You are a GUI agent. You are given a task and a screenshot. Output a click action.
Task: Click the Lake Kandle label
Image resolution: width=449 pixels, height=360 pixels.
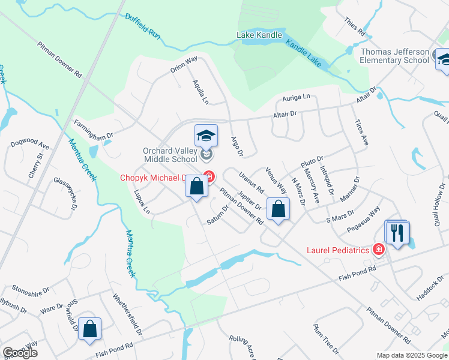click(x=259, y=35)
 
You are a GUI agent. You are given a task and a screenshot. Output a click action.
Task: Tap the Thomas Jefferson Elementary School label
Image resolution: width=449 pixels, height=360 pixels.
click(x=394, y=56)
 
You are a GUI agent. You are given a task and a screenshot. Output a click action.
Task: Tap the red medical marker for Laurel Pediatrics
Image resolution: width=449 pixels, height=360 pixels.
click(x=378, y=250)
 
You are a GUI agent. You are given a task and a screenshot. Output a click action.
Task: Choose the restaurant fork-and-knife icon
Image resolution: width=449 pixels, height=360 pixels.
click(x=397, y=232)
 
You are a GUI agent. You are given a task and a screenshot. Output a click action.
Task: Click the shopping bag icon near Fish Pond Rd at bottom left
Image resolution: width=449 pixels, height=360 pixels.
click(x=89, y=329)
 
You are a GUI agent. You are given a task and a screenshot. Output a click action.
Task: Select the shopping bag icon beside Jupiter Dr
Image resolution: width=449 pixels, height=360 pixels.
click(x=278, y=209)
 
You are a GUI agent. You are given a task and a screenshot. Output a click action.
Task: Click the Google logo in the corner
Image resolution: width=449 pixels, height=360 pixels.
click(x=20, y=353)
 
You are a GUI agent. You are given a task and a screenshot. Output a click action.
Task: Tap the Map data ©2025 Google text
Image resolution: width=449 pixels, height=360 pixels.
click(x=411, y=355)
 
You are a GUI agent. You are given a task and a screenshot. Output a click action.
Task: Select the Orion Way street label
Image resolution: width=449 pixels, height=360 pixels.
click(x=184, y=64)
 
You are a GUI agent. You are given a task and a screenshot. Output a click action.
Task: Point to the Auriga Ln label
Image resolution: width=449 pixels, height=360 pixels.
click(x=297, y=97)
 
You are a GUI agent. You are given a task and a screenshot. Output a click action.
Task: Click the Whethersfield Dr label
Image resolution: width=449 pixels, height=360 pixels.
click(x=128, y=314)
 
